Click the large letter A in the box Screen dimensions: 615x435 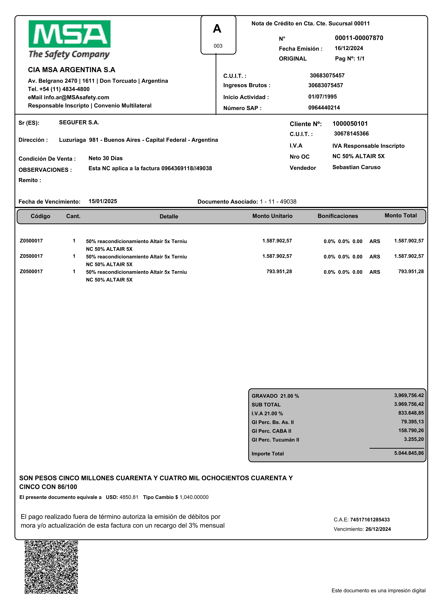click(217, 29)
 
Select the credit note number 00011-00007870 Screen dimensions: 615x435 click(359, 38)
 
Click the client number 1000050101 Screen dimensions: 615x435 click(350, 124)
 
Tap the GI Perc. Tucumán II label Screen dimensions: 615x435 click(275, 440)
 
